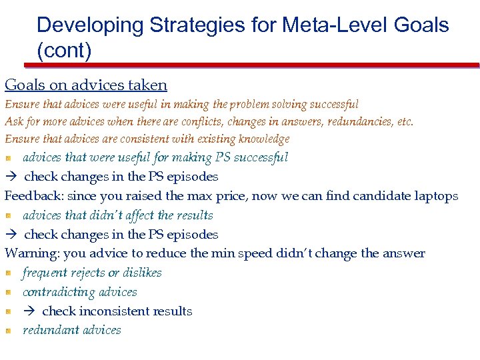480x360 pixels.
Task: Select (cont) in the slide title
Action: tap(64, 51)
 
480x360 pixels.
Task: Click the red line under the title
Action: tap(252, 65)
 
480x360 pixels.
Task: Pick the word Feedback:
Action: tap(33, 196)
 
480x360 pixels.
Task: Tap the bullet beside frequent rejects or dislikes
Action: tap(9, 273)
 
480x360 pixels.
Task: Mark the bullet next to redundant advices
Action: tap(9, 330)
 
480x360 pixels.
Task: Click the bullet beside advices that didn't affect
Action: tap(9, 215)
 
